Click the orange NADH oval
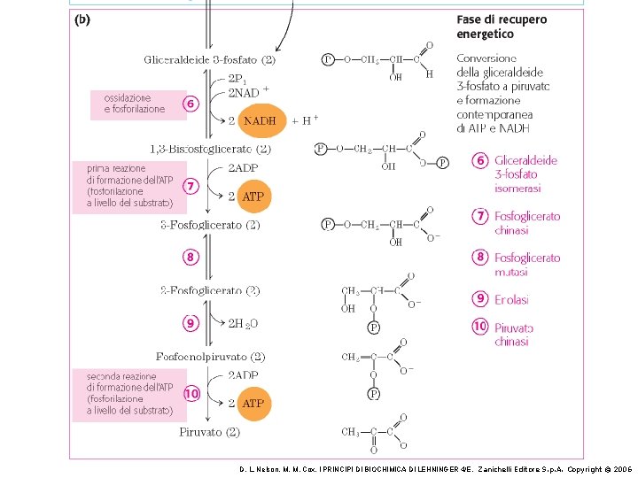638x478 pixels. coord(261,120)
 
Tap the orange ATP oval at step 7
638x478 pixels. coord(253,197)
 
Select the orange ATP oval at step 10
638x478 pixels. coord(253,403)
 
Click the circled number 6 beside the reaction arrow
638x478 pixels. coord(191,103)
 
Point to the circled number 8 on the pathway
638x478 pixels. coord(191,257)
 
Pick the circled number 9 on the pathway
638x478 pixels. coord(191,323)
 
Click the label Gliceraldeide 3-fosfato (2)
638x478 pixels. coord(210,60)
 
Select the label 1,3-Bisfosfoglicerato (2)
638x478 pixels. coord(211,149)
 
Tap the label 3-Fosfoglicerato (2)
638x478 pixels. coord(210,225)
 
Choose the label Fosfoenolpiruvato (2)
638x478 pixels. coord(210,357)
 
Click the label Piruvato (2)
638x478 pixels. coord(210,432)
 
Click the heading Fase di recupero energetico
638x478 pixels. coord(501,27)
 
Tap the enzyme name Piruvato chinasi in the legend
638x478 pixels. coord(514,334)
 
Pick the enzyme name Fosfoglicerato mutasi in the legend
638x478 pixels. coord(526,264)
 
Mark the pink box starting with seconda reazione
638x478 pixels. coord(129,393)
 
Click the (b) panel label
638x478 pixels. coord(81,19)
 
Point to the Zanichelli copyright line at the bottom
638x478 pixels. coord(435,468)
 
